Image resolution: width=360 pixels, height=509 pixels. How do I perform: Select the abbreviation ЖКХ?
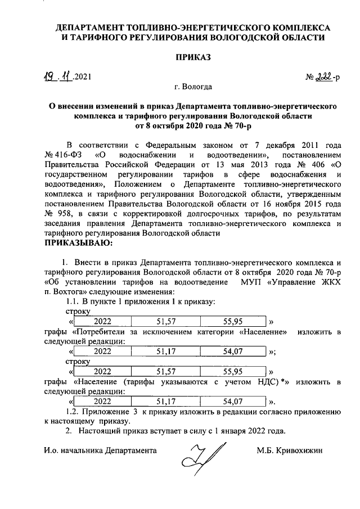pyautogui.click(x=327, y=282)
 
